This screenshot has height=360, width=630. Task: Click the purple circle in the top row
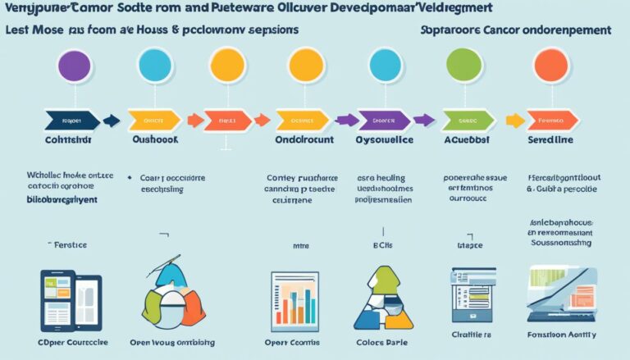click(75, 66)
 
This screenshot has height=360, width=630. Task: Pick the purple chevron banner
click(380, 121)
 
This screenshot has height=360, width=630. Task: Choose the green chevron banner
click(468, 121)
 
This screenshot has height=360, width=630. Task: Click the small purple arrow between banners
click(347, 121)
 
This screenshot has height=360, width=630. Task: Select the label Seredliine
click(550, 140)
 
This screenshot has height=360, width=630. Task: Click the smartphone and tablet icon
click(71, 299)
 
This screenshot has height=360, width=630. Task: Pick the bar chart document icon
click(294, 301)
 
